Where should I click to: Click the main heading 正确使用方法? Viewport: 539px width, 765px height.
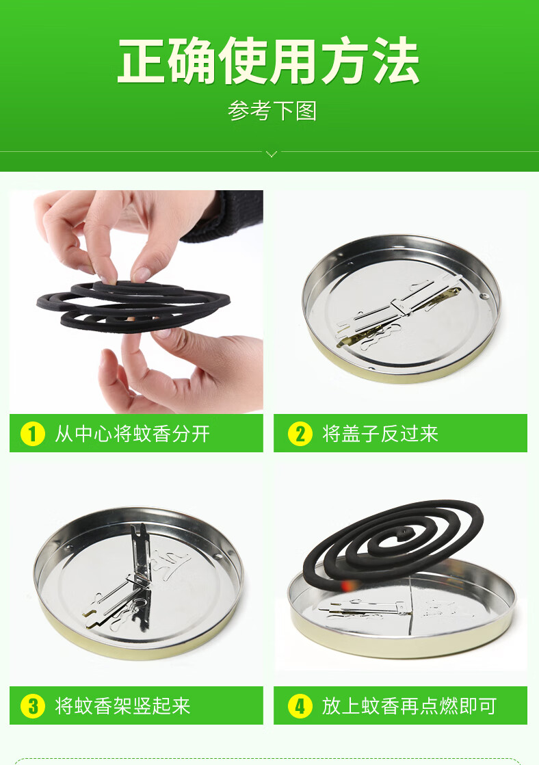coord(269,62)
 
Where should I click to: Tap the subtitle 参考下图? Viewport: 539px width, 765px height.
coord(272,111)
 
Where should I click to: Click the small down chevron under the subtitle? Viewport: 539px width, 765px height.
coord(272,154)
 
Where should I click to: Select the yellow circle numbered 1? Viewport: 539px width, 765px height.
coord(32,434)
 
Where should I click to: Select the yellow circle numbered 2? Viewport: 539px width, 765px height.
coord(300,434)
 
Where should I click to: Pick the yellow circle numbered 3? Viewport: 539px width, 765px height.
coord(32,705)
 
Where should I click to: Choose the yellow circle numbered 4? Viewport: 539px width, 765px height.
coord(300,705)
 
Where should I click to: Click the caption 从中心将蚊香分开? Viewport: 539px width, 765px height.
coord(132,434)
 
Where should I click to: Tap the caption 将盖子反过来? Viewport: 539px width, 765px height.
coord(380,434)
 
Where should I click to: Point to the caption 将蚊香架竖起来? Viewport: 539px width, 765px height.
coord(122,705)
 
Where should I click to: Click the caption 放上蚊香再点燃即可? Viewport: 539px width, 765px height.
coord(408,705)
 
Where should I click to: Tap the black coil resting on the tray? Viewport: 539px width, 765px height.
coord(393,541)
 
